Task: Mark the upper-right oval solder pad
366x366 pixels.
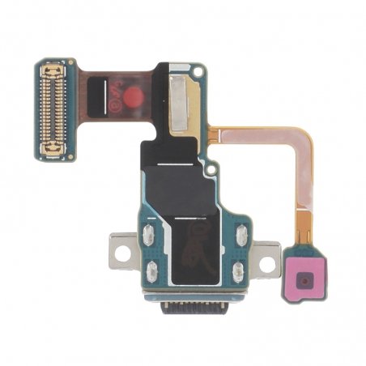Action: coord(240,236)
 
